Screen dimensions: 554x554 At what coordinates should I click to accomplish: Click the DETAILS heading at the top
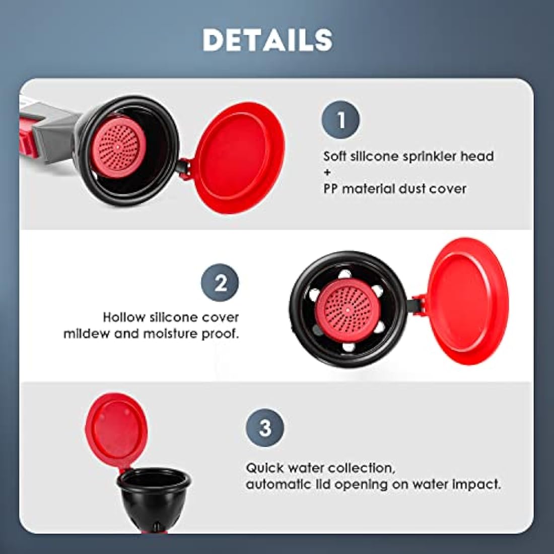267,40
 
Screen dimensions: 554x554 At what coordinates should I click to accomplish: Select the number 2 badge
220,283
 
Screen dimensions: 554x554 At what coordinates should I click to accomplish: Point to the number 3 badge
265,428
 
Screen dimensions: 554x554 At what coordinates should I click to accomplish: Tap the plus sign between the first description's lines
328,172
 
